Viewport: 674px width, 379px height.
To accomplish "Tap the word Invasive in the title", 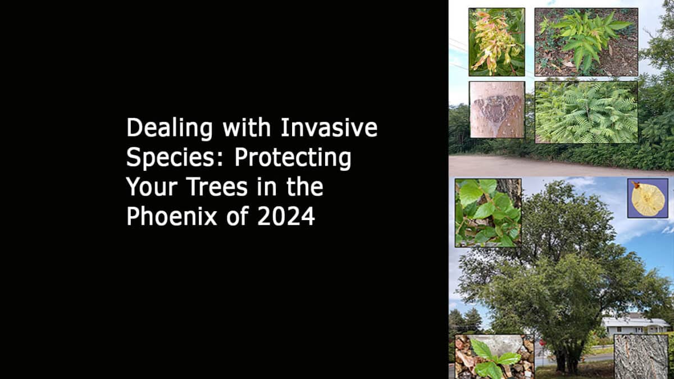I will pos(329,129).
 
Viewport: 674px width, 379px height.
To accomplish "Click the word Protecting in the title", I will pos(293,158).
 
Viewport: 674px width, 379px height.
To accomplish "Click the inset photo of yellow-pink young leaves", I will pos(497,42).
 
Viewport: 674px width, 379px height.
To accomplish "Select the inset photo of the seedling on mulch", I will pos(586,42).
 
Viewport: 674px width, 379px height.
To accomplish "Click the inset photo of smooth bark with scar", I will pos(497,109).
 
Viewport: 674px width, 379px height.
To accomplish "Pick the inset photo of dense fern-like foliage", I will pos(586,112).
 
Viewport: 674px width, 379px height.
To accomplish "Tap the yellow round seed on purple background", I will pos(648,198).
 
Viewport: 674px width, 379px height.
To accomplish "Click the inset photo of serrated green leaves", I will pos(488,212).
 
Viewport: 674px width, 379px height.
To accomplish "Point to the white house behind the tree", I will pos(635,325).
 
